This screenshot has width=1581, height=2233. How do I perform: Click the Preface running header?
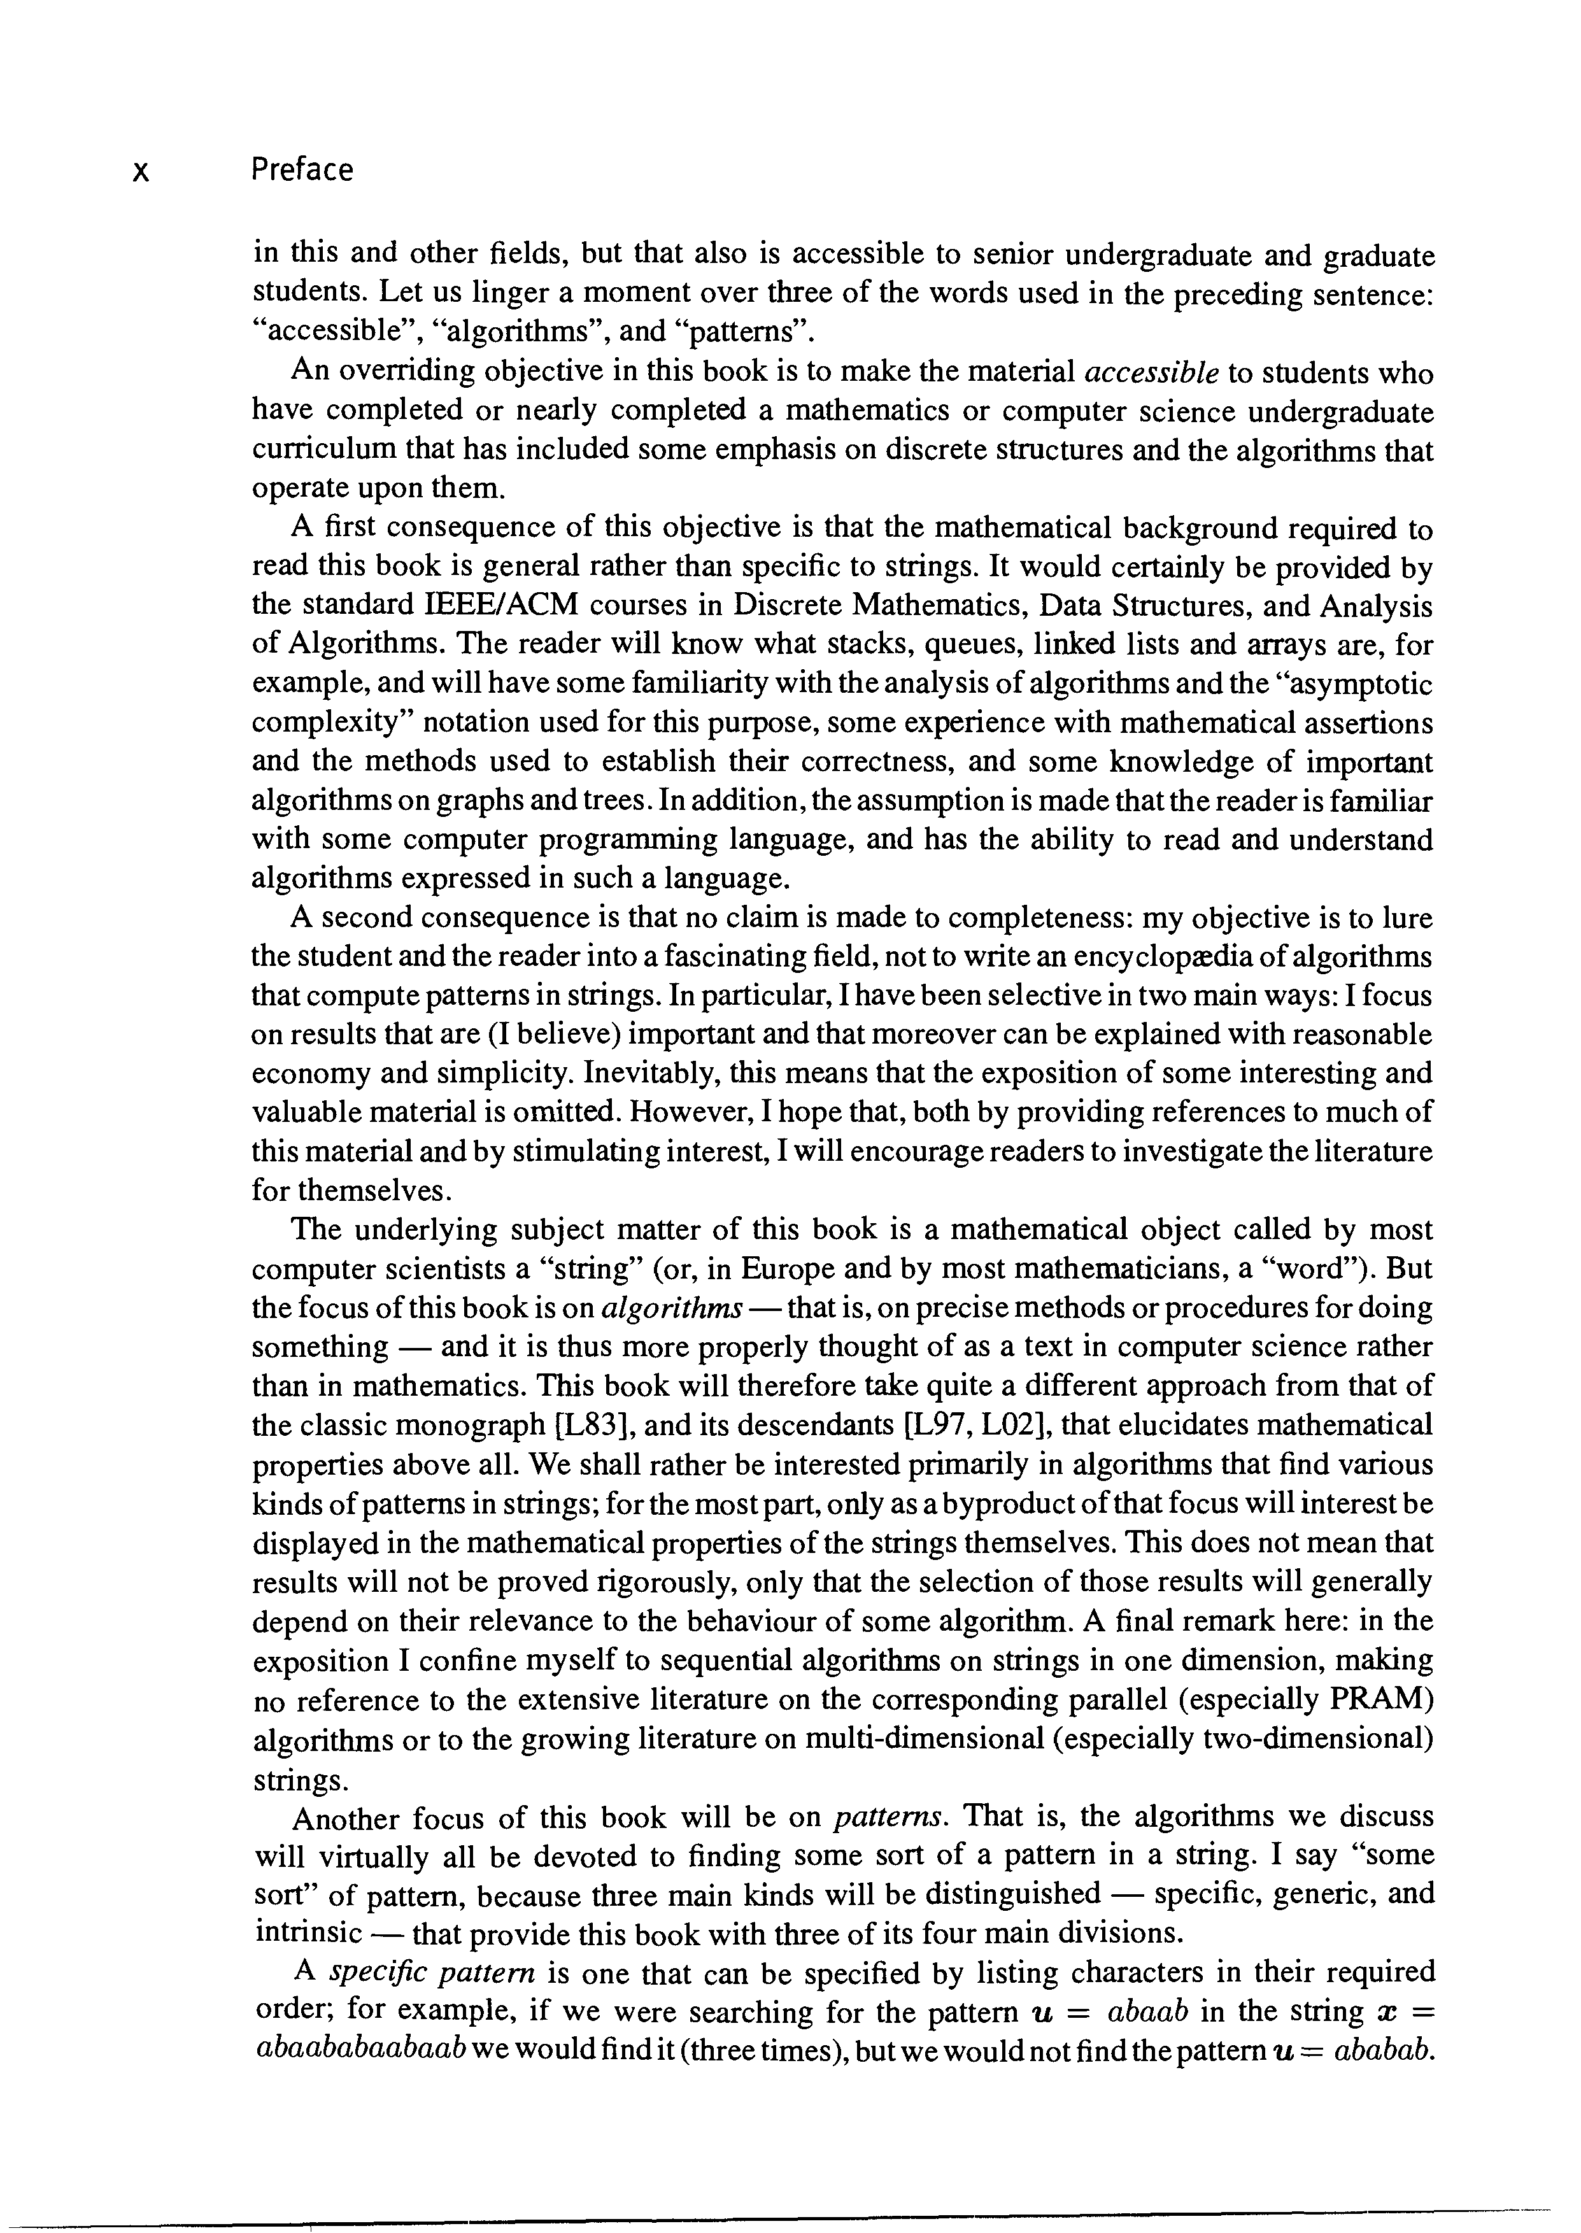[302, 171]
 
